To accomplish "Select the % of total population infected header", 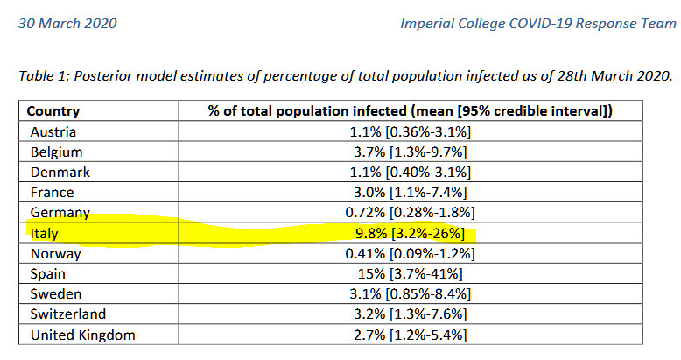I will pos(410,111).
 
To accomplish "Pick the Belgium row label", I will pos(55,152).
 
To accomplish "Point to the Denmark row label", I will pos(60,173).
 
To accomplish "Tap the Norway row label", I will pos(55,254).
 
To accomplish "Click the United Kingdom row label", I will pos(82,335).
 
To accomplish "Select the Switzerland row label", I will pos(67,314).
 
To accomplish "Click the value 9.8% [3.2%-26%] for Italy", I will pos(409,234).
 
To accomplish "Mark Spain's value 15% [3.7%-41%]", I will pos(409,274).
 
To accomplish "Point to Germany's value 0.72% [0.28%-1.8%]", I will pos(409,213).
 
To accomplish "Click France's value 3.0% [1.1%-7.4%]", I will pos(409,193).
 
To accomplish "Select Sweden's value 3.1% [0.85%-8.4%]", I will pos(409,294).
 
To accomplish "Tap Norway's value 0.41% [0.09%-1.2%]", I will pos(409,254).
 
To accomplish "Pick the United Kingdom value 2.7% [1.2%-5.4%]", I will pos(409,335).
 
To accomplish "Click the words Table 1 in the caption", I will pos(43,76).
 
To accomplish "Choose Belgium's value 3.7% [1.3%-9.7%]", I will pos(409,152).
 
